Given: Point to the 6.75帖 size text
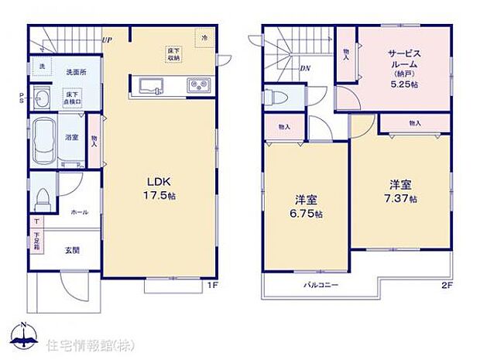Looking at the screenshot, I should [308, 213].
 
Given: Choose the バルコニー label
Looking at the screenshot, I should [319, 285].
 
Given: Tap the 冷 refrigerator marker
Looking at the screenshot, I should [205, 37].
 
